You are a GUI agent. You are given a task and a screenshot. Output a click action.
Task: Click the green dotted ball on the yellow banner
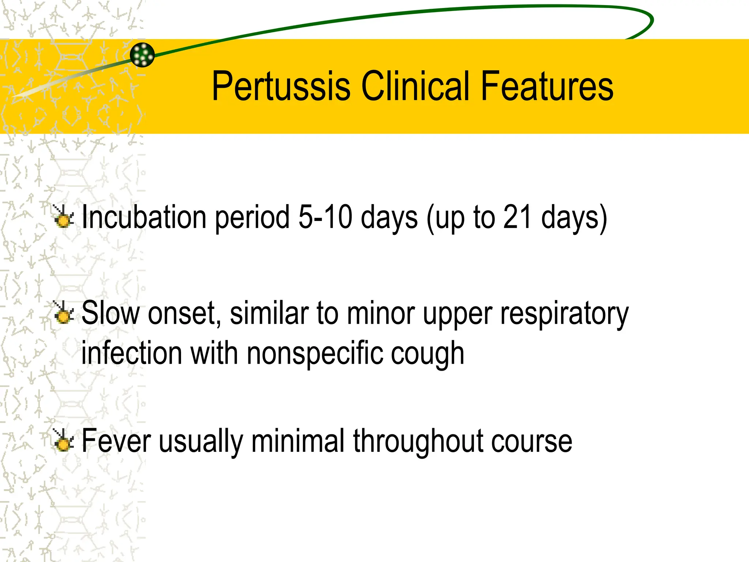click(142, 55)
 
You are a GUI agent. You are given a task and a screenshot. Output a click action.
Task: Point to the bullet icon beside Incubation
click(63, 217)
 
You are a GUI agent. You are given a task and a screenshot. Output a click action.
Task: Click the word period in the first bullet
click(252, 218)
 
